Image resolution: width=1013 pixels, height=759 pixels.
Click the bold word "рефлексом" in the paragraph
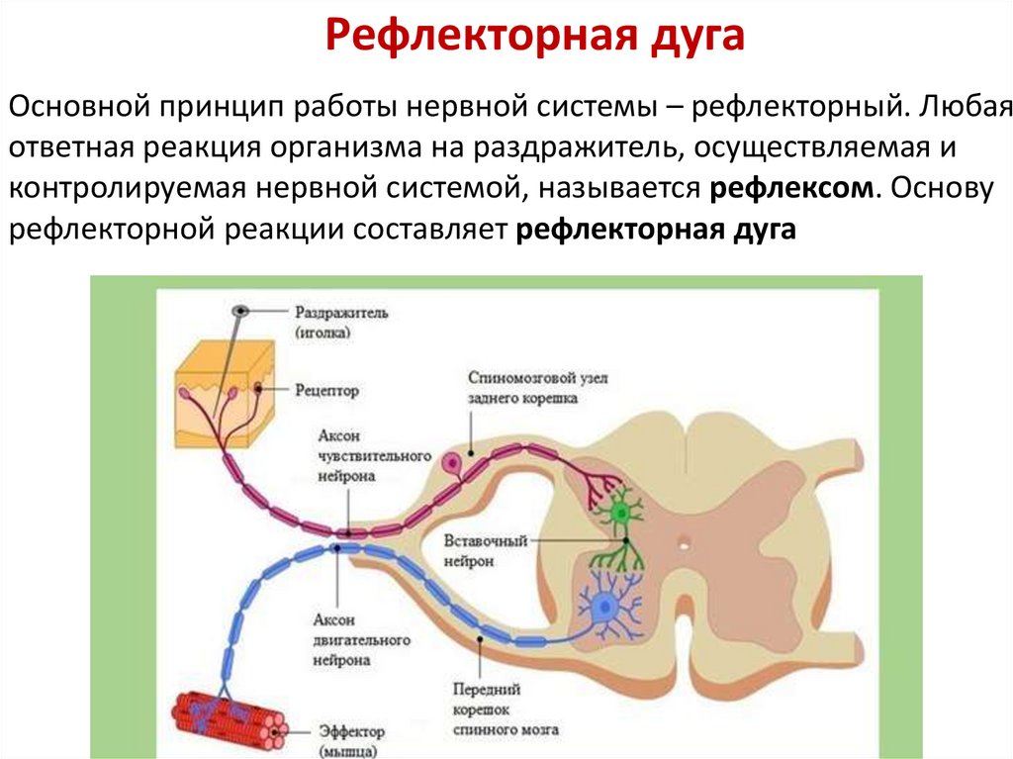pyautogui.click(x=791, y=188)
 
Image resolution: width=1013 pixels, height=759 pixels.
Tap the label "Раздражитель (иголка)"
pyautogui.click(x=339, y=322)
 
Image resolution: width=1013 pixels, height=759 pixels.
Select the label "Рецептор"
pyautogui.click(x=326, y=391)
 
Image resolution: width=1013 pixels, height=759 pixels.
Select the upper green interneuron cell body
pyautogui.click(x=621, y=514)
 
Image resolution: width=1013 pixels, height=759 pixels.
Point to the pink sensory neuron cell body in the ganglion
pyautogui.click(x=451, y=462)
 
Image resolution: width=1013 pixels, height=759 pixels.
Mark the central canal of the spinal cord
pyautogui.click(x=683, y=542)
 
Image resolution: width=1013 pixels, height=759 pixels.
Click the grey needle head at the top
pyautogui.click(x=239, y=311)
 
